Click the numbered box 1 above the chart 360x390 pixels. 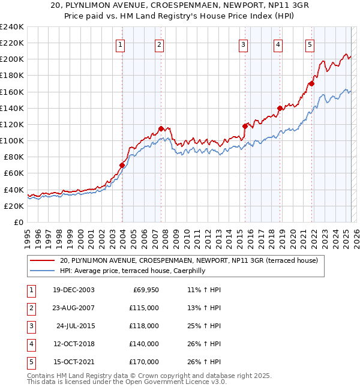pos(121,44)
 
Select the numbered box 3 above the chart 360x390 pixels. pos(243,44)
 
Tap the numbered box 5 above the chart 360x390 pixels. pos(310,44)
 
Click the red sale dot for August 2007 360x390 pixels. pos(161,128)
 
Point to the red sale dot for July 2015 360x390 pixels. pos(245,126)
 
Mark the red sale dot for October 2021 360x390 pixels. pos(311,83)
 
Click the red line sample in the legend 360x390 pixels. pos(43,260)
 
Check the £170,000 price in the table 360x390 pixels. pos(144,362)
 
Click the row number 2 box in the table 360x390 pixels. pos(29,308)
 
